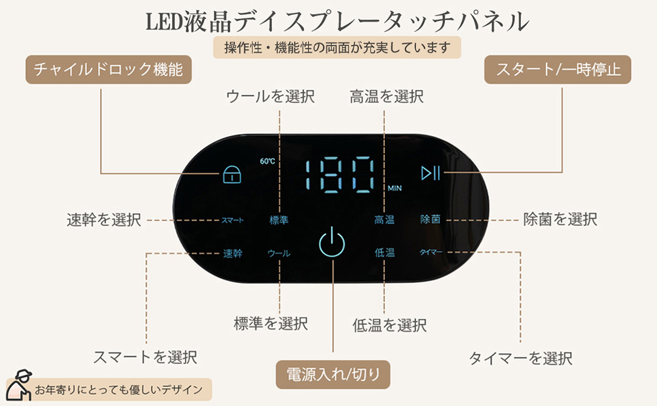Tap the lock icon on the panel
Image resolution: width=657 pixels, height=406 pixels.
coord(232,175)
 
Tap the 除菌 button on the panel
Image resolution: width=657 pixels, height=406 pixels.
coord(431,219)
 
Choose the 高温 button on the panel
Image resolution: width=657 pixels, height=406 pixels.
coord(385,219)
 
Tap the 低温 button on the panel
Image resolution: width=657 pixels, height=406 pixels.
coord(385,252)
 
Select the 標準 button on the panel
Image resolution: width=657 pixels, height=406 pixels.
coord(279,220)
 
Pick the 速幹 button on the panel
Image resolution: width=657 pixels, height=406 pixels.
coord(232,253)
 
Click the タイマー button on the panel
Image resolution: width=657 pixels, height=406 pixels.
coord(431,252)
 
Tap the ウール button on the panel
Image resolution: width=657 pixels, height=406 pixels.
coord(279,253)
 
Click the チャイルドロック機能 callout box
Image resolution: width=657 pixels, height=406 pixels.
coord(109,70)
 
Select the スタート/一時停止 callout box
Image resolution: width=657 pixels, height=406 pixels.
coord(557,70)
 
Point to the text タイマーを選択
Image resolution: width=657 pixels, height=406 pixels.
coord(521,358)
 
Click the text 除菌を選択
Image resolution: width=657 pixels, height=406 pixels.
coord(560,219)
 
